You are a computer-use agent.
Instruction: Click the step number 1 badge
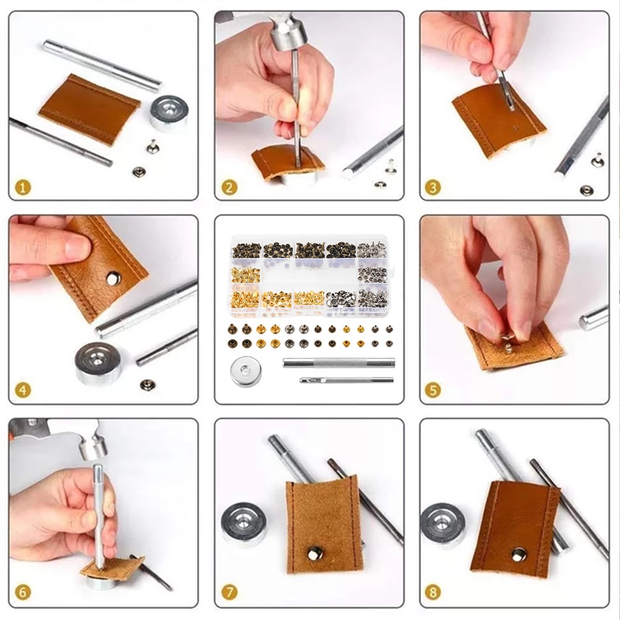click(x=24, y=187)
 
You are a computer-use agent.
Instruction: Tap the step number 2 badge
click(x=229, y=187)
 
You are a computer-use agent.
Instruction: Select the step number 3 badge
click(x=433, y=187)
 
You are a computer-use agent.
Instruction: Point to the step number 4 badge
click(x=22, y=391)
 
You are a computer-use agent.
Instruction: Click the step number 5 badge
click(x=433, y=391)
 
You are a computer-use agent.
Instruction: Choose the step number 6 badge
click(x=22, y=592)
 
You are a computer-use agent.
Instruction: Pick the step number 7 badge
click(x=229, y=592)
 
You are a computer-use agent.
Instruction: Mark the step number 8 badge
click(x=433, y=592)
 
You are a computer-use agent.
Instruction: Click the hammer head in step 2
click(x=289, y=36)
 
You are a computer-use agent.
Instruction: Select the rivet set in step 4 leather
click(x=113, y=278)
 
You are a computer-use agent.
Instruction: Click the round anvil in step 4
click(x=98, y=363)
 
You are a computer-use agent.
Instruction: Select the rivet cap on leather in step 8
click(x=518, y=555)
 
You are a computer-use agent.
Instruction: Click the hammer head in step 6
click(x=94, y=445)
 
